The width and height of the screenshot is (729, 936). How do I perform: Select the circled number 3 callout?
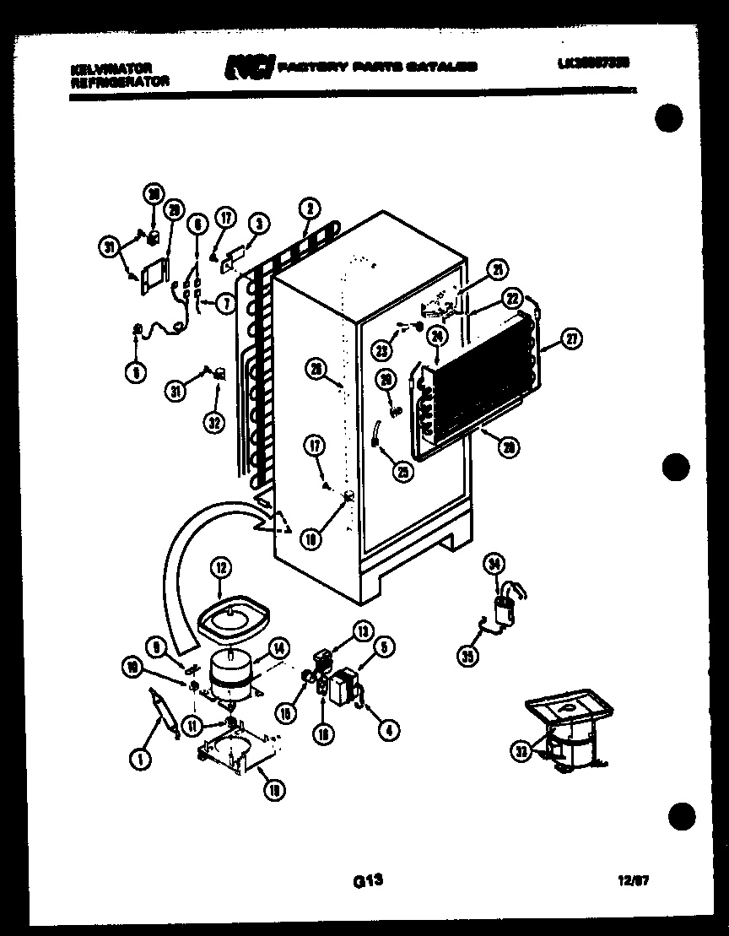(259, 224)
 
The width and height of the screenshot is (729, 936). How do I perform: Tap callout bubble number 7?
(224, 304)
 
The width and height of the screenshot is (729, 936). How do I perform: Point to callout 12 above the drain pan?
(221, 569)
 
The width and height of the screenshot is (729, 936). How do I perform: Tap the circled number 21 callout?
(498, 270)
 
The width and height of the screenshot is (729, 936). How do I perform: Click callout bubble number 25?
(404, 473)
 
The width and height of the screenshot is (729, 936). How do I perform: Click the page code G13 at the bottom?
(368, 880)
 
